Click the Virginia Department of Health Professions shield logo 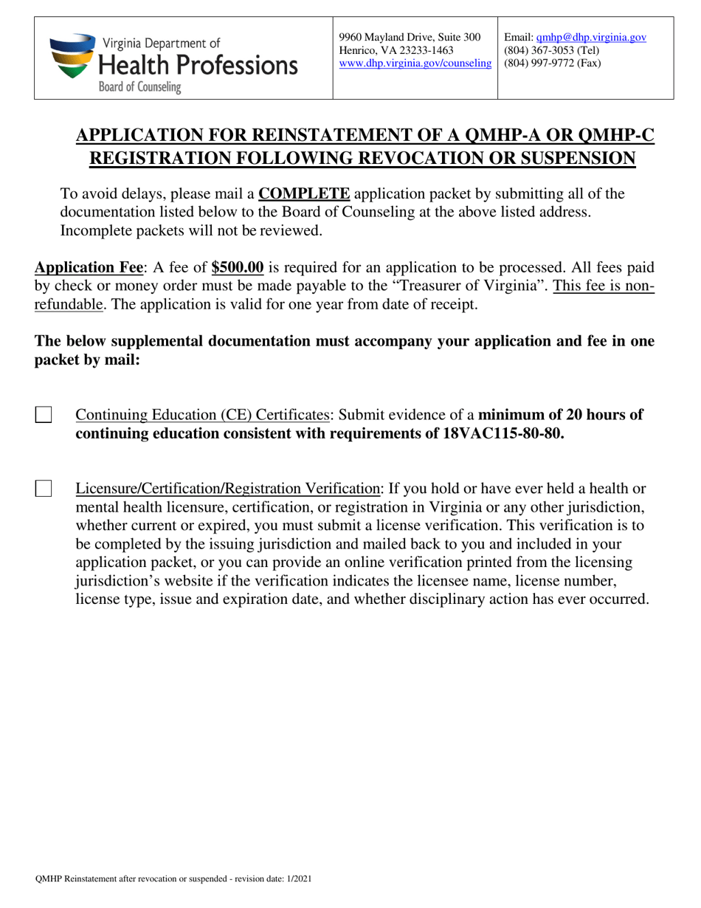click(72, 57)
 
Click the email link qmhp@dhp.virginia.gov click(591, 37)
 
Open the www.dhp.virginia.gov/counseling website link click(415, 63)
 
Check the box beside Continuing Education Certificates click(44, 414)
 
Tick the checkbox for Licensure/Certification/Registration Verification click(44, 488)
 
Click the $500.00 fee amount click(237, 267)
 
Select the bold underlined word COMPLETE click(304, 193)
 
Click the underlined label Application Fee click(88, 267)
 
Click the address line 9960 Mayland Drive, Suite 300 click(410, 37)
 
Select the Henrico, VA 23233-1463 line click(396, 50)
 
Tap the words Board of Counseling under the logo click(140, 87)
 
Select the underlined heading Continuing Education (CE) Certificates click(202, 415)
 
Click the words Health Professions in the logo click(198, 65)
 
